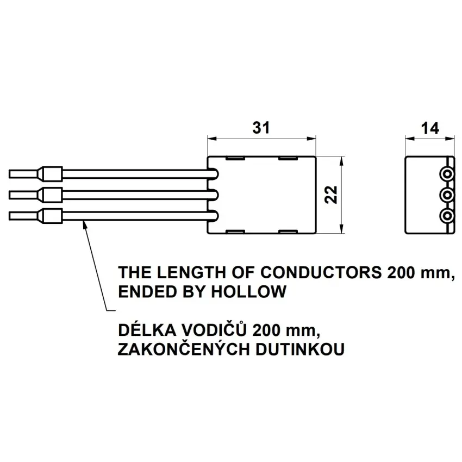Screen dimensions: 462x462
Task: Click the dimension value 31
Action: pos(261,128)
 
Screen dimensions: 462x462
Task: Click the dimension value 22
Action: pos(331,195)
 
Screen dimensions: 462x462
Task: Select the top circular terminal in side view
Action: pos(447,175)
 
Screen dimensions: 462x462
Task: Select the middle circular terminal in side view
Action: pos(447,196)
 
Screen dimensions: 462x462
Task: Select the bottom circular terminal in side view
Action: pos(447,216)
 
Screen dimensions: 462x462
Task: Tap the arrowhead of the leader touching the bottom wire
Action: pos(85,223)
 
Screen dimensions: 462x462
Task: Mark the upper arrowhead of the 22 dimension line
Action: pos(341,161)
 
